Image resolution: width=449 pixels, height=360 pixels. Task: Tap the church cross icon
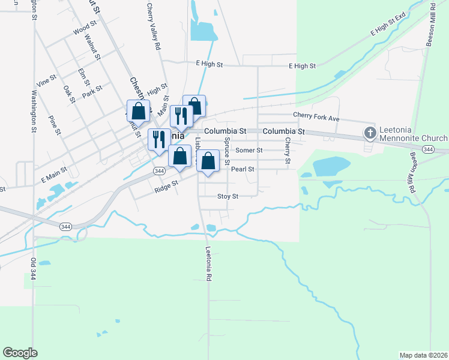[370, 132]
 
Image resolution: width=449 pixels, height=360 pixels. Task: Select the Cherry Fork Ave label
[316, 116]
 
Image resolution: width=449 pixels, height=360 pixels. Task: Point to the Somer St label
[249, 150]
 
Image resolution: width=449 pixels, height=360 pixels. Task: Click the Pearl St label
[243, 169]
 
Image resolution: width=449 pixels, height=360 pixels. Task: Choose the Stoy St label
[228, 196]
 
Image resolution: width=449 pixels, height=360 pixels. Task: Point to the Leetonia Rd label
[208, 264]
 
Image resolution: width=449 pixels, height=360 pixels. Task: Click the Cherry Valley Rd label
[153, 26]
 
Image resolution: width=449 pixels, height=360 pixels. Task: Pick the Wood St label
[85, 29]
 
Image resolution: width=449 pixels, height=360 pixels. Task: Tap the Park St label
[92, 91]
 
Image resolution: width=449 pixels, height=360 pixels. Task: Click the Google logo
[20, 353]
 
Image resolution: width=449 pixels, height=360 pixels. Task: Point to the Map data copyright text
[423, 355]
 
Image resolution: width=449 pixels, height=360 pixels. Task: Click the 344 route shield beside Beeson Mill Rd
[428, 149]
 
